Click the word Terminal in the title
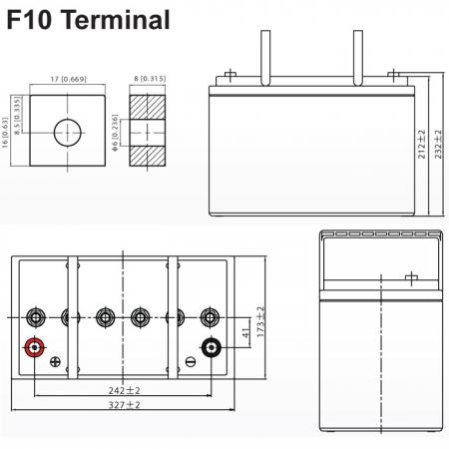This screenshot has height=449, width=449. (x=116, y=20)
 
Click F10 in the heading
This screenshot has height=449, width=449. (x=29, y=20)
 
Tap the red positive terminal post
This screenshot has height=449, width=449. (x=34, y=347)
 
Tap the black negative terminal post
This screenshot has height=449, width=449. (x=212, y=347)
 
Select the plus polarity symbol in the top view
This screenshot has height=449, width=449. (x=55, y=362)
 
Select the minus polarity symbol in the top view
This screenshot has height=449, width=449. (x=191, y=362)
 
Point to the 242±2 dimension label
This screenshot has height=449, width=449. (x=124, y=390)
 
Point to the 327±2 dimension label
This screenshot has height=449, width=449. (x=124, y=405)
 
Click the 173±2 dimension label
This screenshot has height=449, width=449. (x=260, y=321)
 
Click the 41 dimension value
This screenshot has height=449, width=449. (x=245, y=333)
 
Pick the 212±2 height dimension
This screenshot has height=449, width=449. (x=421, y=144)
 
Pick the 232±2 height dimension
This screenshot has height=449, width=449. (x=438, y=144)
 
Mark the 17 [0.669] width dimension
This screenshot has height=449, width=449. (x=68, y=79)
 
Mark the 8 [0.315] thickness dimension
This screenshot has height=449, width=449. (x=150, y=79)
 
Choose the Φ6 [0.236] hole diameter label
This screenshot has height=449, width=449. (x=115, y=133)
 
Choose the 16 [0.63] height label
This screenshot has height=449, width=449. (x=5, y=133)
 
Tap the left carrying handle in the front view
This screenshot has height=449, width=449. (x=265, y=58)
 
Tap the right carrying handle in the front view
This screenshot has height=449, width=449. (x=358, y=58)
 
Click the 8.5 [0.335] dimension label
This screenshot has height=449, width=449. (x=18, y=116)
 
